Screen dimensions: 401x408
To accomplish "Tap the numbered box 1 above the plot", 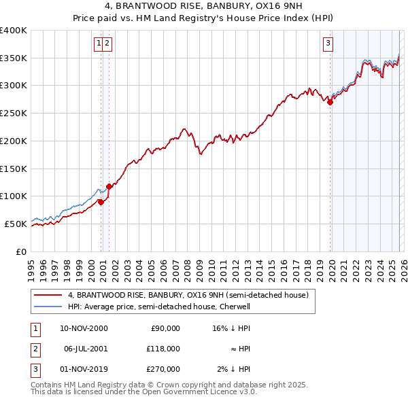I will pyautogui.click(x=99, y=43).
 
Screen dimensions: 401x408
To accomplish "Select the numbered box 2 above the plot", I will pyautogui.click(x=107, y=43).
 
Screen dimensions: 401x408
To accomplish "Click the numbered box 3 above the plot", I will pyautogui.click(x=328, y=43).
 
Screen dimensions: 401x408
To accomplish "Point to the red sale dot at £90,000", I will pyautogui.click(x=101, y=202).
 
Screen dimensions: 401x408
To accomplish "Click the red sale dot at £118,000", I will pyautogui.click(x=109, y=186).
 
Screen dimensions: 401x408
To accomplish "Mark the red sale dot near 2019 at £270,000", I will pyautogui.click(x=330, y=102).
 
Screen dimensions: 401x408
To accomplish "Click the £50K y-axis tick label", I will pyautogui.click(x=16, y=224).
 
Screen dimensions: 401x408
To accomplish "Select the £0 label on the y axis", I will pyautogui.click(x=22, y=251).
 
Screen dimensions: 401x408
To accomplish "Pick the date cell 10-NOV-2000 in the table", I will pyautogui.click(x=84, y=328).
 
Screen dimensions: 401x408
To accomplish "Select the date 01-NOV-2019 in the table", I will pyautogui.click(x=84, y=369).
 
